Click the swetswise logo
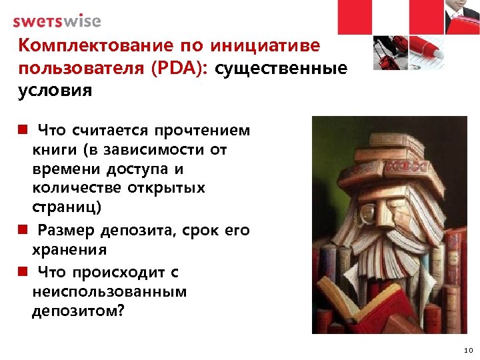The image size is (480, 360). [57, 21]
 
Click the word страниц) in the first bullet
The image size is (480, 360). [67, 207]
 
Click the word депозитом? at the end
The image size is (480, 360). [78, 311]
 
